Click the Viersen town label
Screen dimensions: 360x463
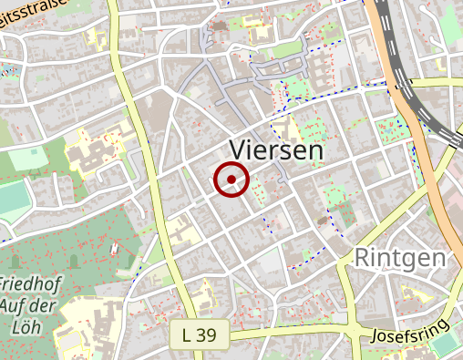pos(277,150)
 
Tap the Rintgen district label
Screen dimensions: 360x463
pos(401,257)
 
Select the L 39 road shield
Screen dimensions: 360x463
pos(199,335)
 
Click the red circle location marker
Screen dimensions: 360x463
pos(231,180)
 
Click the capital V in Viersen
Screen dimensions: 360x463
pos(238,150)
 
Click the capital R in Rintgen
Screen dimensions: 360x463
pos(364,257)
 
